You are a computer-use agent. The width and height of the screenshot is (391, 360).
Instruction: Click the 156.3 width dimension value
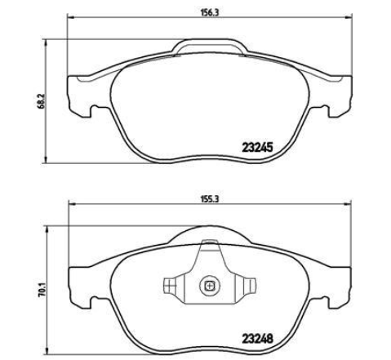click(210, 12)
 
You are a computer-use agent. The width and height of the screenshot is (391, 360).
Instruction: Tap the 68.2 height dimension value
click(41, 101)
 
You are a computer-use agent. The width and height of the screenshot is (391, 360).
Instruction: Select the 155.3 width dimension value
click(210, 199)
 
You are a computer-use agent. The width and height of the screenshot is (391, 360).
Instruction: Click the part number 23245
click(257, 148)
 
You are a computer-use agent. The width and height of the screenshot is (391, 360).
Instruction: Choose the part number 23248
click(257, 339)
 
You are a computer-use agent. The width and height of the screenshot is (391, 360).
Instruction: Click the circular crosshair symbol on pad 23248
click(209, 286)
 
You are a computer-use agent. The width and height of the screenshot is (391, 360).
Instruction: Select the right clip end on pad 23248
click(251, 286)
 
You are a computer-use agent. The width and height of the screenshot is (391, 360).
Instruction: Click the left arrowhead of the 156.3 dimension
click(70, 18)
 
